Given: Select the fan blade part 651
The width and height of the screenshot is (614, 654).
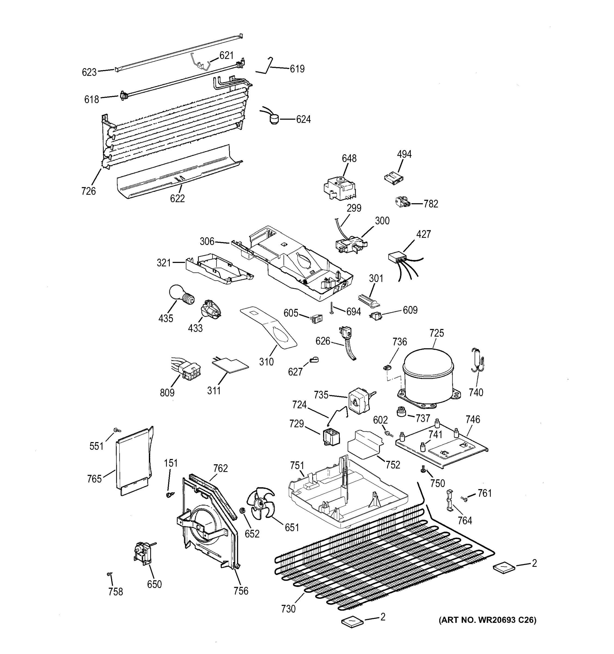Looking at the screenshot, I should click(x=262, y=504).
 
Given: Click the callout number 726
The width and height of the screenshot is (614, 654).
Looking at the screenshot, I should click(x=88, y=191).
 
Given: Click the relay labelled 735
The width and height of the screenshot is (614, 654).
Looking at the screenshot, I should click(x=359, y=400).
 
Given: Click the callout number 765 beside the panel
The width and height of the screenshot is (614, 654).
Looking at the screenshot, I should click(x=94, y=479).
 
